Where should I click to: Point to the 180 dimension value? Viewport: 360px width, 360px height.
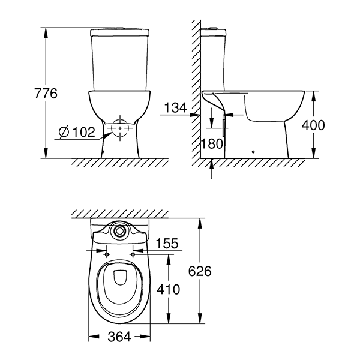[x=213, y=144]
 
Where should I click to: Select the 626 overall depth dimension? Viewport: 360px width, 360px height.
[x=200, y=271]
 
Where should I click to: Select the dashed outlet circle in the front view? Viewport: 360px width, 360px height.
[x=121, y=128]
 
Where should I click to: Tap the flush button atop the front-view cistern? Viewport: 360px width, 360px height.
[x=120, y=28]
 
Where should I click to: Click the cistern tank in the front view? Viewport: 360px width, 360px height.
[x=120, y=60]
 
